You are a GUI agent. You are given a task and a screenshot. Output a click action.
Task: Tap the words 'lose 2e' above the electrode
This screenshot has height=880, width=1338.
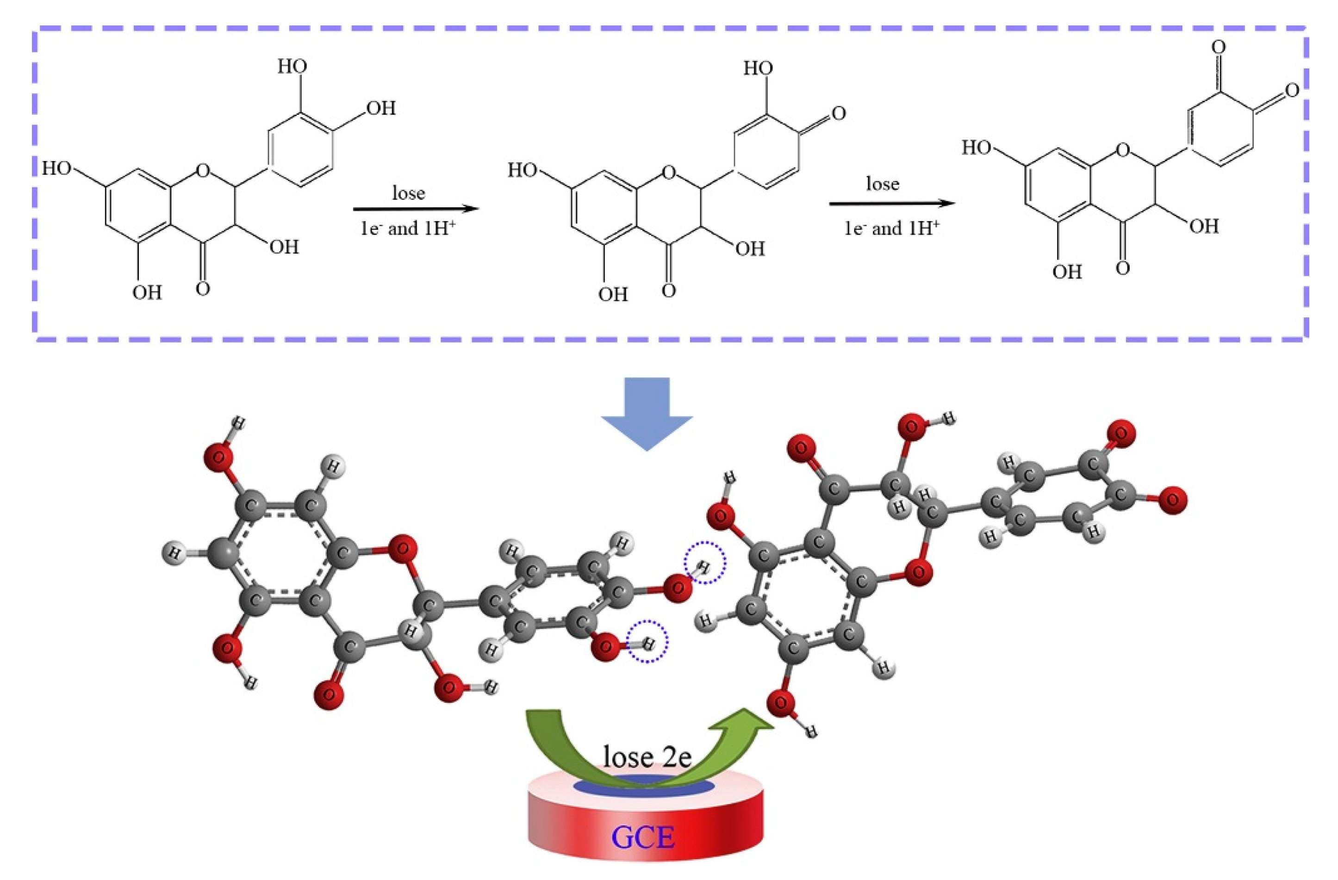(647, 757)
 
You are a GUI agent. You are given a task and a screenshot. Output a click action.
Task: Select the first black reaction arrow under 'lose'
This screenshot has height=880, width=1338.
(416, 209)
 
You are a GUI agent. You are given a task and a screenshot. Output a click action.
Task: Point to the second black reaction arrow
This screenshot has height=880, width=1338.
(892, 204)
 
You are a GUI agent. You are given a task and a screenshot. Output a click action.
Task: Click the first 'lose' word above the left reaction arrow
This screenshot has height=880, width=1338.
(408, 193)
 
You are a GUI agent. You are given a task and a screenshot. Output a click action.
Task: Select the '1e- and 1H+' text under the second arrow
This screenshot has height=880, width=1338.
(892, 228)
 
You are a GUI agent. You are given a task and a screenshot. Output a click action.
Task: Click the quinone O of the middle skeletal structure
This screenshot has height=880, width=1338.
(838, 113)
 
